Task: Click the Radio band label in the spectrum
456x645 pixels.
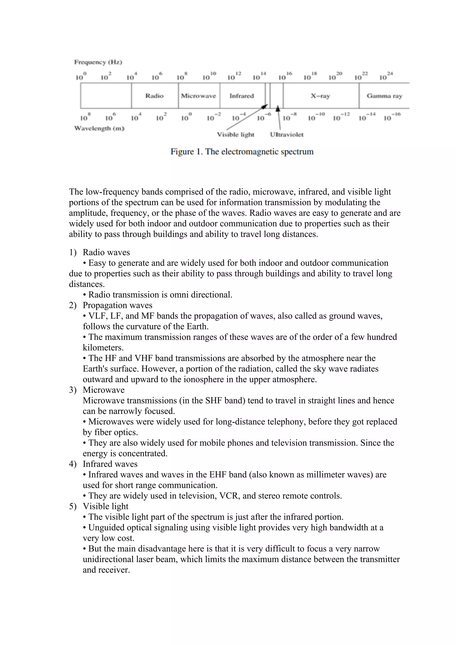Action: pos(154,96)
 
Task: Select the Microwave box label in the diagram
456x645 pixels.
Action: pos(198,96)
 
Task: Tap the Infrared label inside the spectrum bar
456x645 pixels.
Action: pos(242,96)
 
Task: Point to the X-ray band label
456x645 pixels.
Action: pos(320,96)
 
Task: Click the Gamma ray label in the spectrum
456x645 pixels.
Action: pos(384,96)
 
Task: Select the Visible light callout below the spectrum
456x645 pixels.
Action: pos(235,135)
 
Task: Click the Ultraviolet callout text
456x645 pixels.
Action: pos(287,135)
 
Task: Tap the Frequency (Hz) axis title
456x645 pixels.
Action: pos(98,62)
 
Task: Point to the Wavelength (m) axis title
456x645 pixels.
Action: pos(99,128)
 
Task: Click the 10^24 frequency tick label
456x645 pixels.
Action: pos(386,76)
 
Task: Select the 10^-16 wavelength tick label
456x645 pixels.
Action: pos(392,117)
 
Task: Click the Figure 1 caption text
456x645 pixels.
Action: pos(242,152)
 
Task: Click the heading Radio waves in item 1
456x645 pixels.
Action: pos(106,252)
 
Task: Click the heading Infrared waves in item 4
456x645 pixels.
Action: pos(110,464)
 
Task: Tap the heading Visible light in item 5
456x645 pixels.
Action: pos(105,506)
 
